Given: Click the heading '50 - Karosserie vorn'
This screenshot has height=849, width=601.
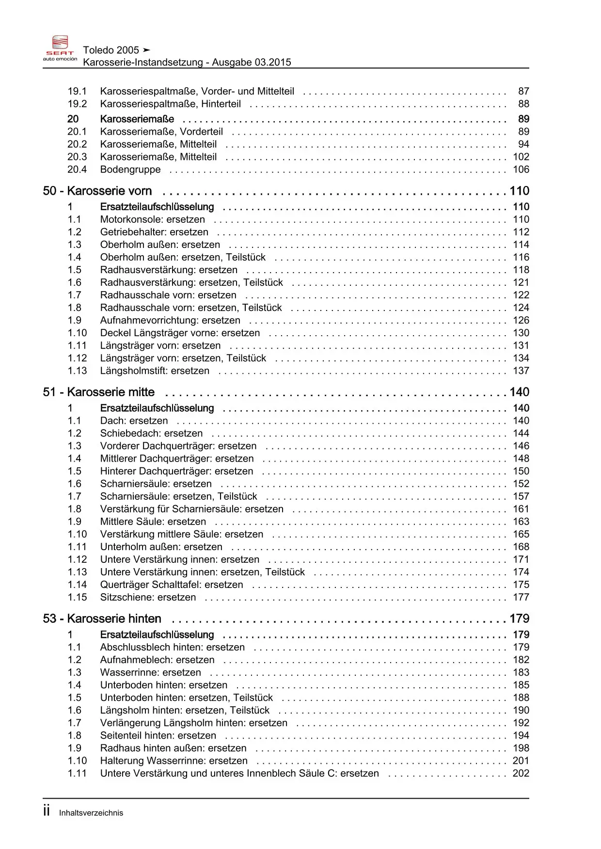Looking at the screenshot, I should click(x=97, y=191).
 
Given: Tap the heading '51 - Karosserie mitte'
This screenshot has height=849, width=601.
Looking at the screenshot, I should click(x=99, y=392).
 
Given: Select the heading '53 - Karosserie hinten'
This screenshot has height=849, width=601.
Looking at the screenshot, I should click(x=102, y=619).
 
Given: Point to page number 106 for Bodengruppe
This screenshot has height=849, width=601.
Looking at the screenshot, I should click(x=521, y=170).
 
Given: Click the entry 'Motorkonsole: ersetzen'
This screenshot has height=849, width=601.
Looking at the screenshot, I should click(x=153, y=219).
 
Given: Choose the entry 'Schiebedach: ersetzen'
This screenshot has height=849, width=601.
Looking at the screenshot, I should click(x=151, y=433).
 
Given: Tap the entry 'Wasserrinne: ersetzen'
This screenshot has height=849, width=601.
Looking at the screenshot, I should click(x=150, y=673).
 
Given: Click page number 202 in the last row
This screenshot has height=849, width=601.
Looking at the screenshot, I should click(x=521, y=773).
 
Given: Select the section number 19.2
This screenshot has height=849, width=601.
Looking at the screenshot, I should click(x=77, y=104).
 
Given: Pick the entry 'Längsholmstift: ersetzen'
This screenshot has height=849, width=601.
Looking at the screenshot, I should click(x=155, y=371).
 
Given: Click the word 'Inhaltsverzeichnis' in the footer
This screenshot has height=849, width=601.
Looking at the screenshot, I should click(x=91, y=813).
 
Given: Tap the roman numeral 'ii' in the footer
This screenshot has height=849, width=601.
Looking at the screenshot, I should click(x=47, y=811).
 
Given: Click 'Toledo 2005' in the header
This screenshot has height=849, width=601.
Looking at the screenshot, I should click(x=111, y=50).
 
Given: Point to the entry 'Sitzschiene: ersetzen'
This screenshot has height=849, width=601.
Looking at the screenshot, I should click(x=148, y=598).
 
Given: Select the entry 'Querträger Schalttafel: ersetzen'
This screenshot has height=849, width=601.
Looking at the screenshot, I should click(x=172, y=585).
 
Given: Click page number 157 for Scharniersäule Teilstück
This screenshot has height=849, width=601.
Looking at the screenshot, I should click(x=521, y=496).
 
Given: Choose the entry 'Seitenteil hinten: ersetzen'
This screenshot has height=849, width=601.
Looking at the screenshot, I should click(x=158, y=736).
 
